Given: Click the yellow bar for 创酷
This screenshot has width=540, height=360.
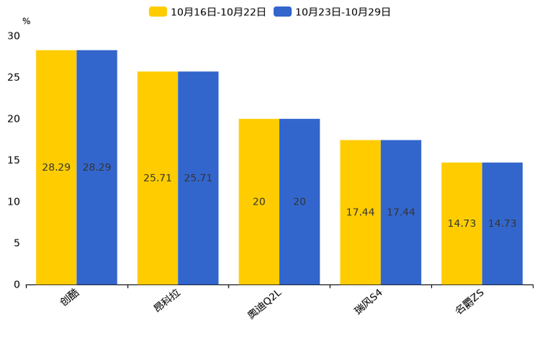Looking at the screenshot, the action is point(56,168).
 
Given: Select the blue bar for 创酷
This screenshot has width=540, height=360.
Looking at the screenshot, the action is point(97,168).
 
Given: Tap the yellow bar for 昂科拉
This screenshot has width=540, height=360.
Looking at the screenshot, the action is point(157,178).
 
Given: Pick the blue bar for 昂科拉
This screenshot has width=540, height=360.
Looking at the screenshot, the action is point(198,178).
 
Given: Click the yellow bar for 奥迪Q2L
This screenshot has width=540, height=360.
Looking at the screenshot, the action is point(259,202).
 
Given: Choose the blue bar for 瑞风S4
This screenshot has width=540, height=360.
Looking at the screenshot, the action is point(401,213).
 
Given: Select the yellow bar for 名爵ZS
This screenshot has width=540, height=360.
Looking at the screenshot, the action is point(462,224).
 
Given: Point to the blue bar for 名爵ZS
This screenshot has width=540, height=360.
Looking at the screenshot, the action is point(502,224).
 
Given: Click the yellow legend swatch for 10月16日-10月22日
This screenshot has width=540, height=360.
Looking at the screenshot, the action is point(157,12).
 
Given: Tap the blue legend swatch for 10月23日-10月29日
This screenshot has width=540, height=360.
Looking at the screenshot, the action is point(282,12).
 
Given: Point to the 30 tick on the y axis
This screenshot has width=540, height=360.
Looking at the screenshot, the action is point(14,36).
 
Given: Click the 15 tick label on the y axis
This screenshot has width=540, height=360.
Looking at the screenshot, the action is point(14,160).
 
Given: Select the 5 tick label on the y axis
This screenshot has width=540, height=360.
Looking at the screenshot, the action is point(17,243).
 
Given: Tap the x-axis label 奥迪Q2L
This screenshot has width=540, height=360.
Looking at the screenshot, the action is point(264,304).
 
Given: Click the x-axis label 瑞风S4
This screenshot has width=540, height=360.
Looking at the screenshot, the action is point(368,302).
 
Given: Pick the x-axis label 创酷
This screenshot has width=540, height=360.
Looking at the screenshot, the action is point(70,298).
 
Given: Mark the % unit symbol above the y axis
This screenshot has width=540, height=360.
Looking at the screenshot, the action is point(27,21).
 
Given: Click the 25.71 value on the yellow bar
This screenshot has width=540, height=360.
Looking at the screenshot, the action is point(157,178).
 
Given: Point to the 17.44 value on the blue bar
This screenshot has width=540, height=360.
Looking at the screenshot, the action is point(401,212).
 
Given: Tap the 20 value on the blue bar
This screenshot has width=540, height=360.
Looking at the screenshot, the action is point(300,202).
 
